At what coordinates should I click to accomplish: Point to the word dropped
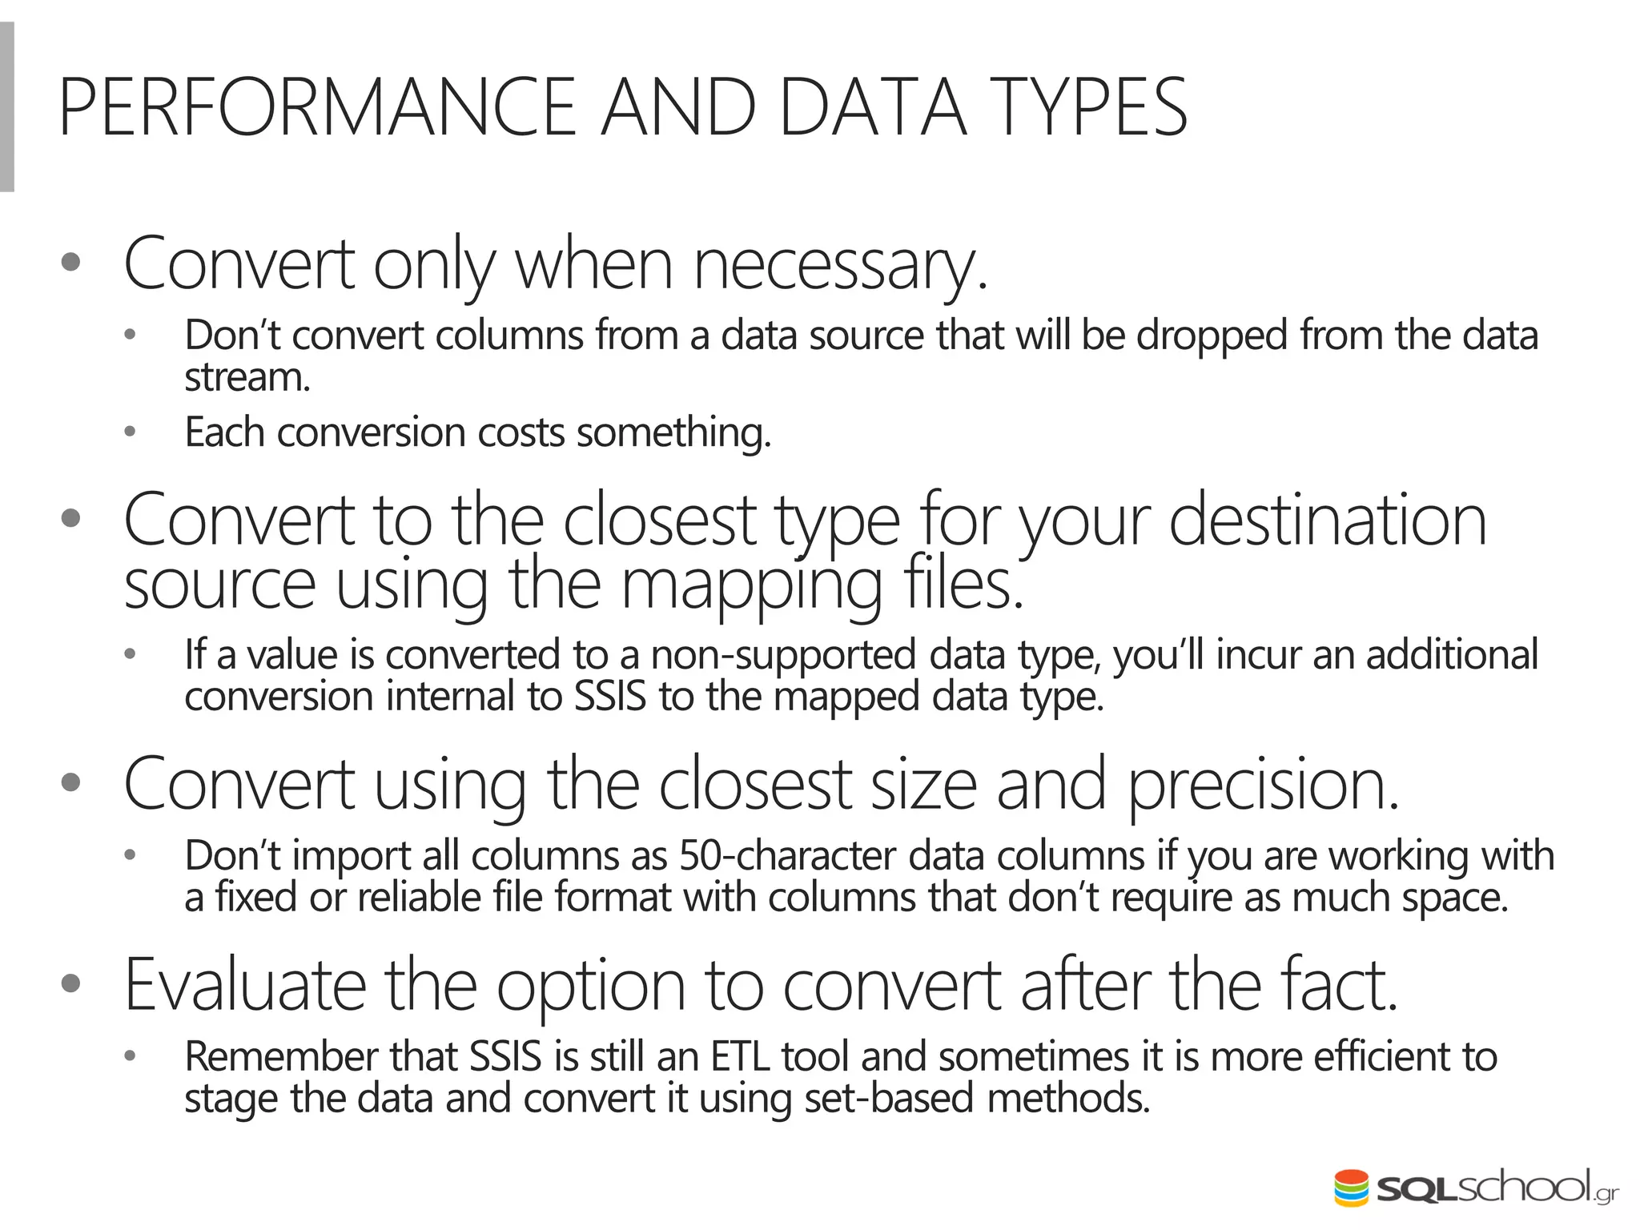1212,336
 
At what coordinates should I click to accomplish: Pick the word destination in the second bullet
1327,521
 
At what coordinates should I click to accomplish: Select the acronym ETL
740,1056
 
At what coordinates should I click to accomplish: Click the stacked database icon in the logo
1351,1188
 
